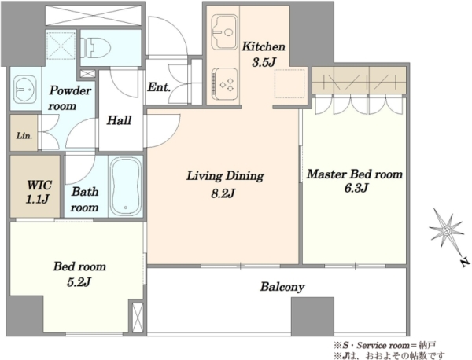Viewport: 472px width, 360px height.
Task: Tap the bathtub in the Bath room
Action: (x=126, y=186)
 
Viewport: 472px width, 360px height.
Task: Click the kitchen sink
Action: (x=223, y=31)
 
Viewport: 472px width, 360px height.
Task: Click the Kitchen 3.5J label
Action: (x=264, y=54)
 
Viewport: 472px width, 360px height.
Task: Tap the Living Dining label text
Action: (x=225, y=176)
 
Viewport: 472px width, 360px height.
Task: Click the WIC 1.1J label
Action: (x=39, y=192)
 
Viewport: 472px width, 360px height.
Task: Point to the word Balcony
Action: (x=282, y=287)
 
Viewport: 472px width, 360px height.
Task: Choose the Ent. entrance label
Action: (x=159, y=87)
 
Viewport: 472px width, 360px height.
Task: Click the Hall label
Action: (x=120, y=120)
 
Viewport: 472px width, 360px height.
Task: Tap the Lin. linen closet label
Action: (x=24, y=136)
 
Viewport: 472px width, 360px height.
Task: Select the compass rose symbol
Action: (x=447, y=230)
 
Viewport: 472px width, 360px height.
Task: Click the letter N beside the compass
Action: (x=466, y=263)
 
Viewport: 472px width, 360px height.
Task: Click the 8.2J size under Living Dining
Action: (x=223, y=194)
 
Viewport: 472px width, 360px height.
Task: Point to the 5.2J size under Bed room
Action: (x=79, y=282)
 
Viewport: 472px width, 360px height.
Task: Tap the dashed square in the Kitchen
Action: (x=289, y=83)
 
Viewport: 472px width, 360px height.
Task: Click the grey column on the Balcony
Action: (x=312, y=317)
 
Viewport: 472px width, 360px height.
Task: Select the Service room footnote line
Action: (x=385, y=345)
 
